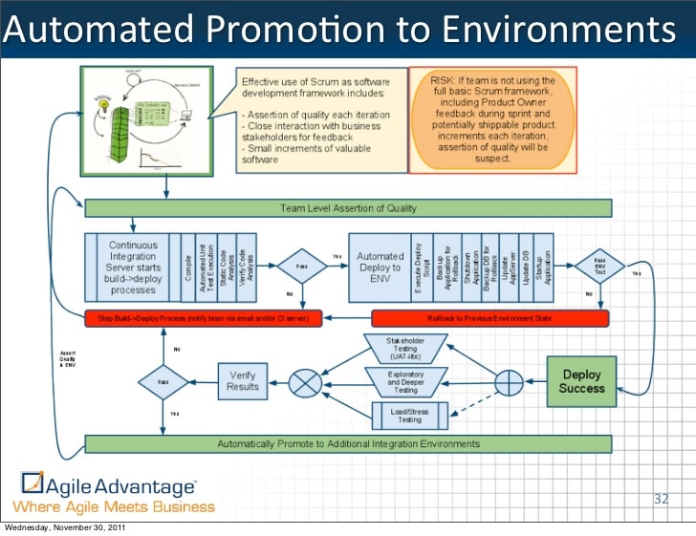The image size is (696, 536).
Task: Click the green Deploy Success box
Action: coord(582,381)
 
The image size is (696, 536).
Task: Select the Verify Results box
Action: coord(242,381)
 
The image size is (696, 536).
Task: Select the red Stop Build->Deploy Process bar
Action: coord(204,316)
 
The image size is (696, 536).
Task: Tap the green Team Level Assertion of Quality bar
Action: coord(348,207)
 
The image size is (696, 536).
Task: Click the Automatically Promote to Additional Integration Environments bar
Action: coord(348,443)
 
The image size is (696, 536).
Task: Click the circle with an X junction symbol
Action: coord(306,383)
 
